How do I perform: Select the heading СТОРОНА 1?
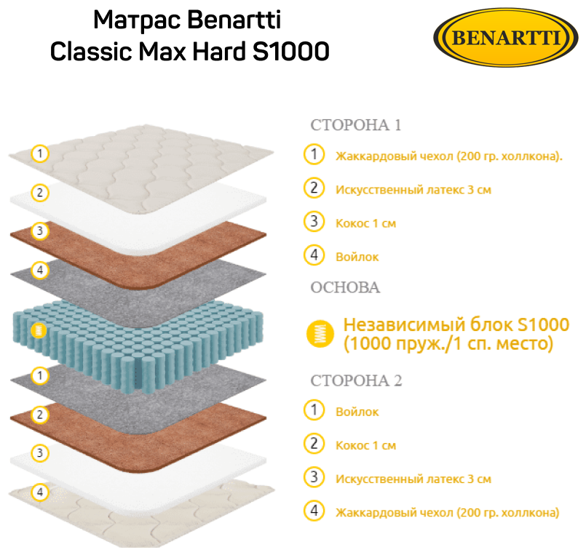coord(356,125)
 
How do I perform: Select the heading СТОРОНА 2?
coord(356,381)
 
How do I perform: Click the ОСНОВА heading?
coord(345,287)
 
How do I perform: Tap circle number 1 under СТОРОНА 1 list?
coord(314,155)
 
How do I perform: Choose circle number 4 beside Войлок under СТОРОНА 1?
coord(314,255)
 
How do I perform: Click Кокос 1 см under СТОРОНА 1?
coord(365,223)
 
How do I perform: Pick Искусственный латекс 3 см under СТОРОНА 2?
coord(413,479)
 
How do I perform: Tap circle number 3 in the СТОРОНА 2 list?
coord(314,478)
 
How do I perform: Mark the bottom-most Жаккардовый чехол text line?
coord(447,513)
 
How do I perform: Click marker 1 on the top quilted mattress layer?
coord(41,153)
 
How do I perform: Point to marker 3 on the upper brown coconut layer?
coord(41,232)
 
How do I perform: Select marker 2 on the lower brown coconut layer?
coord(41,415)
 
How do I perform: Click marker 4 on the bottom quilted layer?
coord(41,492)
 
